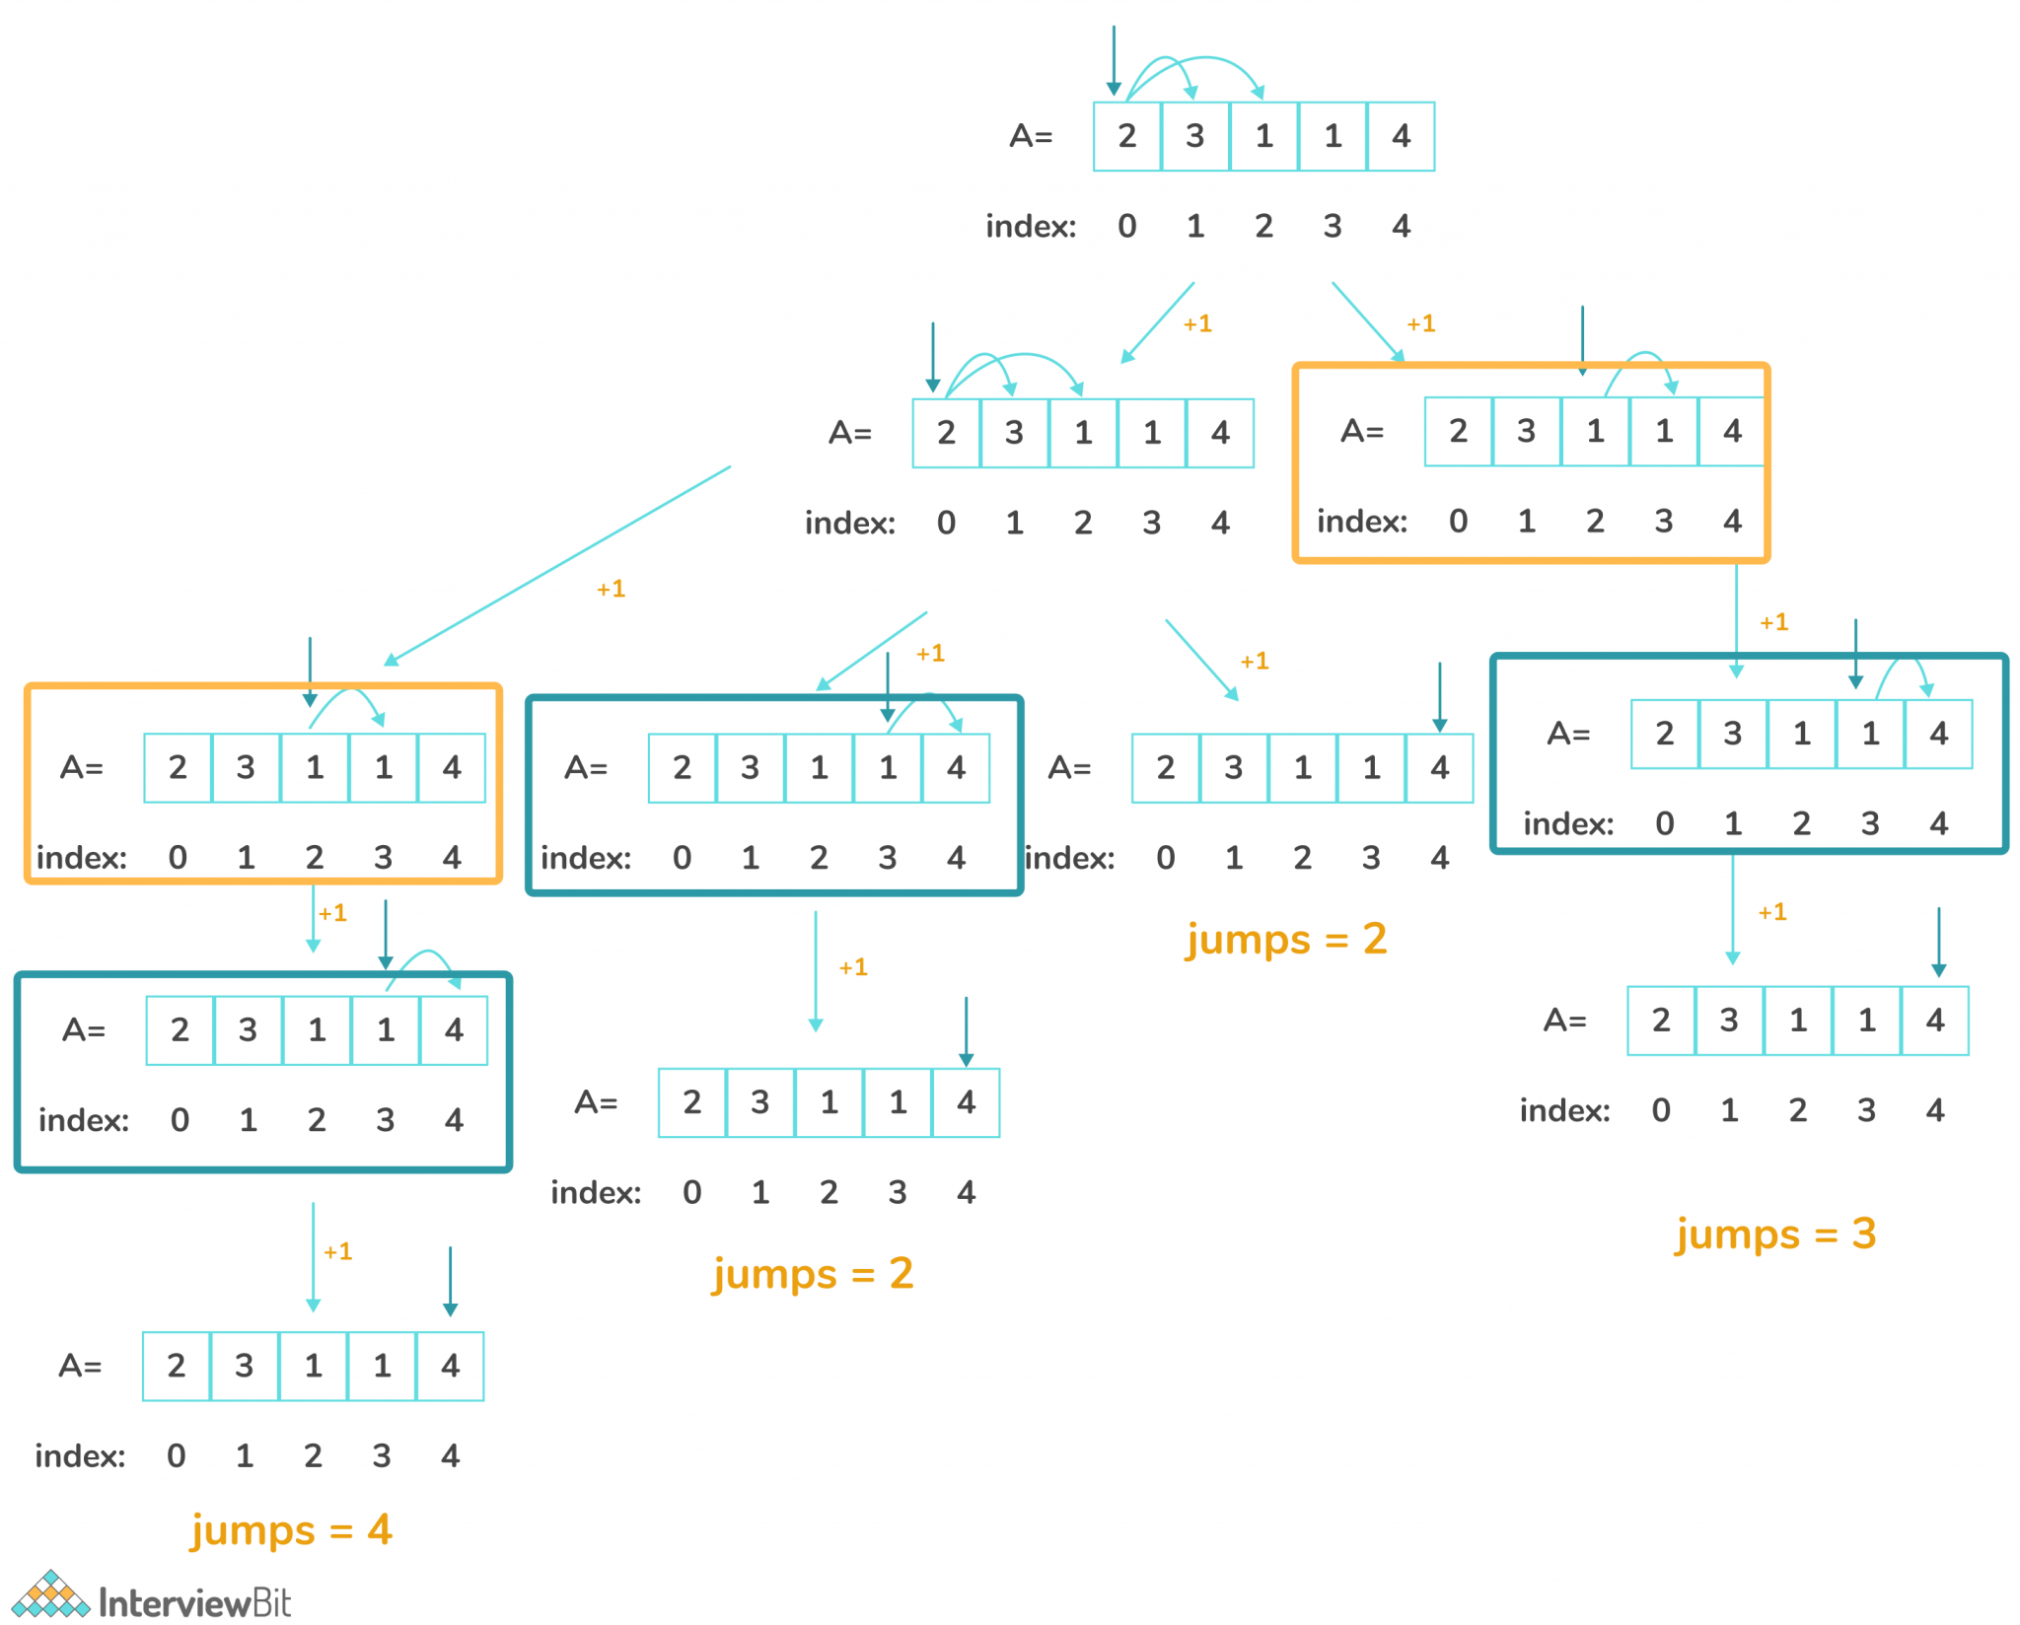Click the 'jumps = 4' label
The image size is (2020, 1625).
(x=291, y=1529)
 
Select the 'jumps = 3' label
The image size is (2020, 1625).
(x=1775, y=1233)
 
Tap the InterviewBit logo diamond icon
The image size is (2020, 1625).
(x=51, y=1595)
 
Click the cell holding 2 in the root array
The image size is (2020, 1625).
(x=1126, y=136)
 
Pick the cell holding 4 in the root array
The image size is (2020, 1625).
(x=1401, y=136)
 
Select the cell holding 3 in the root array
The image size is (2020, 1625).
(x=1194, y=136)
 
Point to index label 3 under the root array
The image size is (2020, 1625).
(x=1333, y=226)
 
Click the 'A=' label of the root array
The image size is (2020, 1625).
(x=1031, y=136)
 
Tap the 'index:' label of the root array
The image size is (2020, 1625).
(x=1031, y=226)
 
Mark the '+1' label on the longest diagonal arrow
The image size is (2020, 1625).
(x=611, y=589)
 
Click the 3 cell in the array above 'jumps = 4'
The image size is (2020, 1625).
(x=245, y=1366)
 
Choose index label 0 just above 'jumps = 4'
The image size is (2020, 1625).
(x=177, y=1455)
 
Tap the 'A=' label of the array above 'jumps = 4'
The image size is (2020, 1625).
(x=80, y=1366)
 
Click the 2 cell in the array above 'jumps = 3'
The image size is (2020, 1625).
(x=1661, y=1020)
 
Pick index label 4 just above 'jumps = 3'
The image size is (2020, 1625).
(x=1935, y=1110)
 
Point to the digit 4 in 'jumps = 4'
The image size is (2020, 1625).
(x=380, y=1529)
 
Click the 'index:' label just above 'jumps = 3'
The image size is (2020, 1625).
(x=1564, y=1110)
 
